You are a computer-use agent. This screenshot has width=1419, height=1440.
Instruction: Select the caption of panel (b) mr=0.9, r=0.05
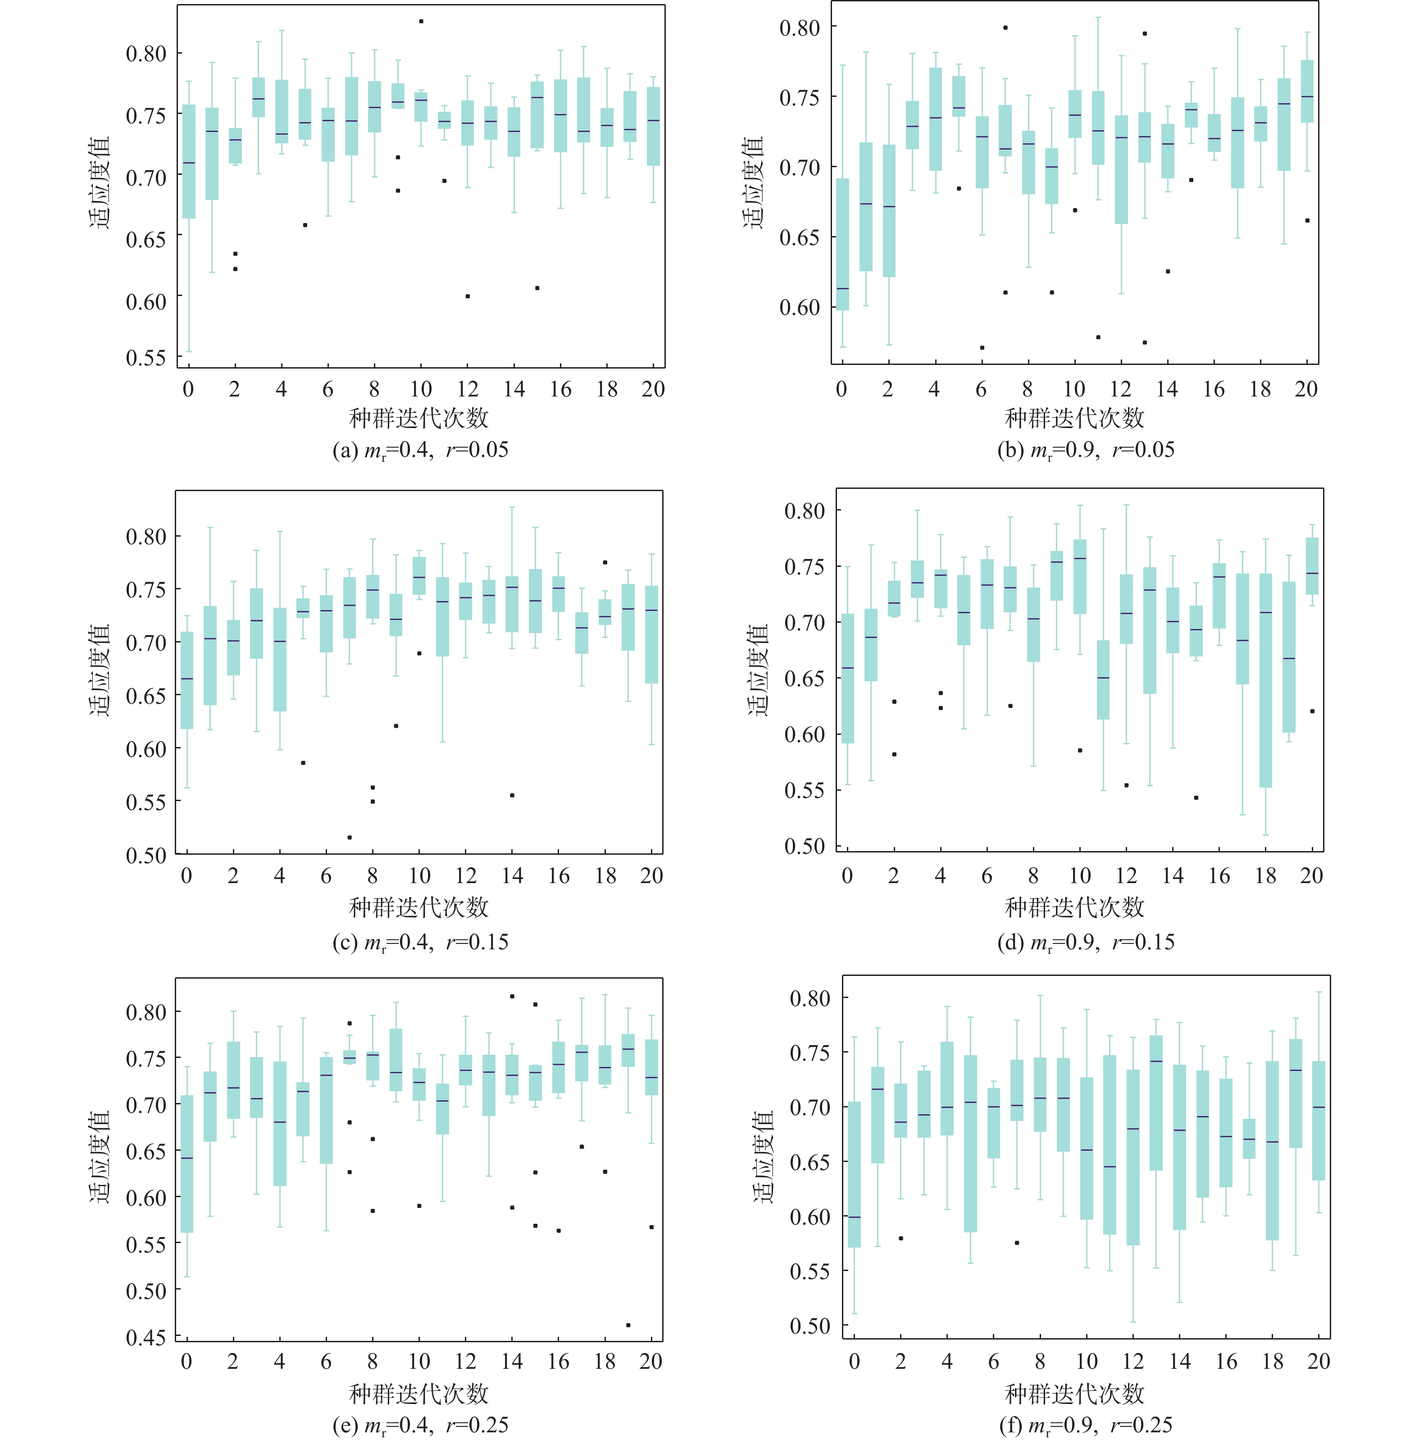tap(1085, 450)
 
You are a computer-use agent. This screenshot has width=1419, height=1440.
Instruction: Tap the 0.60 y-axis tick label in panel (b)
tap(800, 307)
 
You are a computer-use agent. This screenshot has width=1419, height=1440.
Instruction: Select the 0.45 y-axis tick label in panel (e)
tap(146, 1337)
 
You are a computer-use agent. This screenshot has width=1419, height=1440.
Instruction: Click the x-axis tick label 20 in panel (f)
tap(1319, 1361)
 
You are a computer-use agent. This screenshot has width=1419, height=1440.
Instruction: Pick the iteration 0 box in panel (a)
tap(189, 162)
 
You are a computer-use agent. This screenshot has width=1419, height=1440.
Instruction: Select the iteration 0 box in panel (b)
tap(842, 245)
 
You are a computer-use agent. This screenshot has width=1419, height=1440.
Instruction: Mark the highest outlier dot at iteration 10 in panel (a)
tap(421, 22)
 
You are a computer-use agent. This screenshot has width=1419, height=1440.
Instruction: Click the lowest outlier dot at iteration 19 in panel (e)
tap(628, 1325)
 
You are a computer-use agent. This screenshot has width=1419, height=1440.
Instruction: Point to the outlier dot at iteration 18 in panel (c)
tap(605, 562)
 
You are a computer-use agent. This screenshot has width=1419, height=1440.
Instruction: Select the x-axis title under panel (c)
tap(419, 907)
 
